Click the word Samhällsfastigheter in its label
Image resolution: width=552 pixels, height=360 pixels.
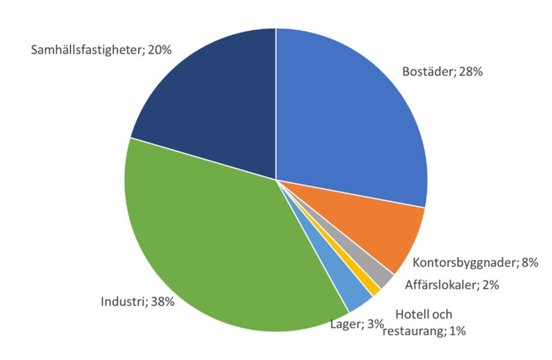coord(86,50)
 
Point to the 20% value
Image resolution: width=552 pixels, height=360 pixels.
coord(160,50)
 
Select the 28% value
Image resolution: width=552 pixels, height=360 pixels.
coord(470,71)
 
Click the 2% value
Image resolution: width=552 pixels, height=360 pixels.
coord(491,284)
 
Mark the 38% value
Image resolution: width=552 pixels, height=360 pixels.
coord(163,302)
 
